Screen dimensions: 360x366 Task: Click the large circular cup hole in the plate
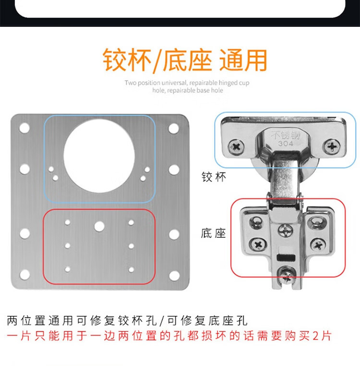click(x=99, y=156)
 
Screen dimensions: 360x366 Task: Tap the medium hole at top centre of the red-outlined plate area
click(x=99, y=226)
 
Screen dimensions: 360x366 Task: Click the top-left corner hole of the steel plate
click(x=24, y=128)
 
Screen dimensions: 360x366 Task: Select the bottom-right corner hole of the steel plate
click(x=174, y=275)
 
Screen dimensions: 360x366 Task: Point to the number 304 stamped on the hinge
click(x=286, y=143)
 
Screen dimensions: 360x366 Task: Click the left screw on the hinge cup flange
click(x=236, y=147)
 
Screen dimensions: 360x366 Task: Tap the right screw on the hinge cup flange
click(x=332, y=146)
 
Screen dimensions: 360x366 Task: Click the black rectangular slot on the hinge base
click(x=286, y=258)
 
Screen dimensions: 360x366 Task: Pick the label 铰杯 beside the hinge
click(x=214, y=177)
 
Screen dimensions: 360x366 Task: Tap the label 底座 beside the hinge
click(x=214, y=233)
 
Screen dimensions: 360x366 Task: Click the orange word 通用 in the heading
click(x=243, y=60)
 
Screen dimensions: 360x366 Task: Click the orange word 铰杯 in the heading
click(x=127, y=60)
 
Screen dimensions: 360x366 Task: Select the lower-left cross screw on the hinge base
click(x=258, y=245)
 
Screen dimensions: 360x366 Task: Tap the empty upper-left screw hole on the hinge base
click(x=256, y=222)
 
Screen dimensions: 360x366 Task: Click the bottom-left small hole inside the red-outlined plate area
click(x=68, y=269)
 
